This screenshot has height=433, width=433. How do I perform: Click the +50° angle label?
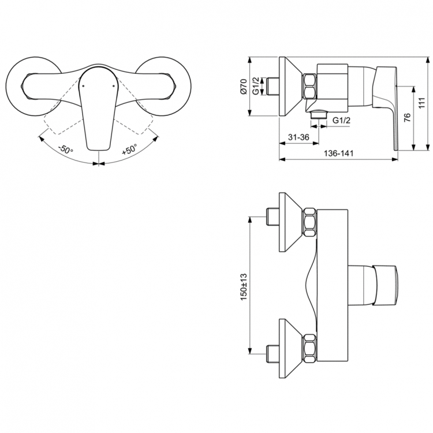point(129,149)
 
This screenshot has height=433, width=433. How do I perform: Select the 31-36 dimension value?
point(298,137)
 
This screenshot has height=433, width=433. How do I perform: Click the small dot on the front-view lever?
point(84,85)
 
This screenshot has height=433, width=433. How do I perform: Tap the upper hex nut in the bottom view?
point(311,222)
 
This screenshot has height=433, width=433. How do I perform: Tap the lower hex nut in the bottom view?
point(311,349)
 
